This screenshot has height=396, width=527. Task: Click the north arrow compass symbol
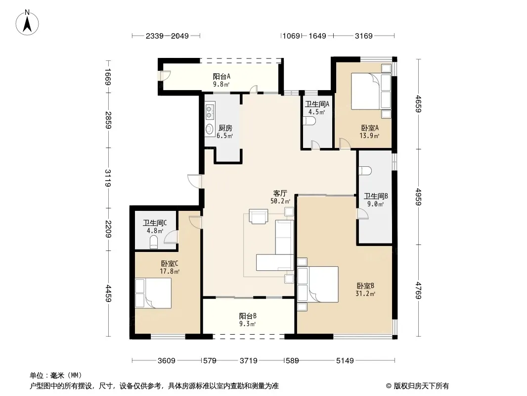(x=27, y=23)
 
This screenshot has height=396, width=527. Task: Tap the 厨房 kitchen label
(x=225, y=128)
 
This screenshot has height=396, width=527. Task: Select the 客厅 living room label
(x=280, y=193)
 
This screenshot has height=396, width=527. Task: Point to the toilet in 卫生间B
(x=365, y=171)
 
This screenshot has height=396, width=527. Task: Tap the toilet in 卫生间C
(x=153, y=242)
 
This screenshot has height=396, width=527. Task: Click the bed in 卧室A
(x=371, y=91)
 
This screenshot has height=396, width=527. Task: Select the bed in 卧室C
(x=153, y=293)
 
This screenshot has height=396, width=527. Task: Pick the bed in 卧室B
(x=317, y=284)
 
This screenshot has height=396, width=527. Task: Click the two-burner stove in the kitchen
(x=210, y=112)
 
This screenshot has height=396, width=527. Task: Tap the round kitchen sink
(x=210, y=129)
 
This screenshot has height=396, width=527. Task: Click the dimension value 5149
(x=345, y=361)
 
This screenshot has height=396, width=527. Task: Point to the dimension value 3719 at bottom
(x=248, y=361)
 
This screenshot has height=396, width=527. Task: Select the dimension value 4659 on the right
(x=418, y=104)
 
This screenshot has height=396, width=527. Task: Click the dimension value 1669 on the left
(x=108, y=77)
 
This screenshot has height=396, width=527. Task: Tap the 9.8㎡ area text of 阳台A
(x=221, y=85)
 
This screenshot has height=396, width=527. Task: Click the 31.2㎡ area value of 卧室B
(x=365, y=294)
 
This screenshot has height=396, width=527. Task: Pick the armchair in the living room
(x=259, y=216)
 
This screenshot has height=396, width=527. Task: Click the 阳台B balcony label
(x=248, y=316)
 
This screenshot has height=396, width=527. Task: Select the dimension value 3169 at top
(x=364, y=36)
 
